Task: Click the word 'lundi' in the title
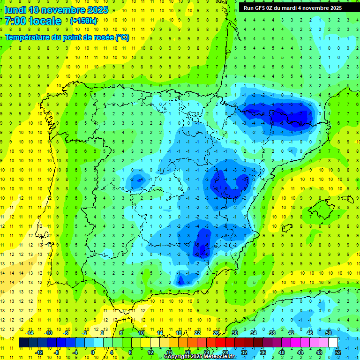tap(15, 10)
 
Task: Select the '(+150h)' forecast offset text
tap(83, 21)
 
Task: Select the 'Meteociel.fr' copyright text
tap(217, 357)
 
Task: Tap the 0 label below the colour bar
tap(93, 352)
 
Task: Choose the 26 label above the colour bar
tap(216, 333)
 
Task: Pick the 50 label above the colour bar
tap(329, 333)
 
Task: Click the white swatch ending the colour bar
tap(333, 343)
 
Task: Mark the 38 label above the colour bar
tap(272, 333)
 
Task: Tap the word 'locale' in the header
tap(45, 21)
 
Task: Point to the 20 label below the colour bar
tap(187, 352)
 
